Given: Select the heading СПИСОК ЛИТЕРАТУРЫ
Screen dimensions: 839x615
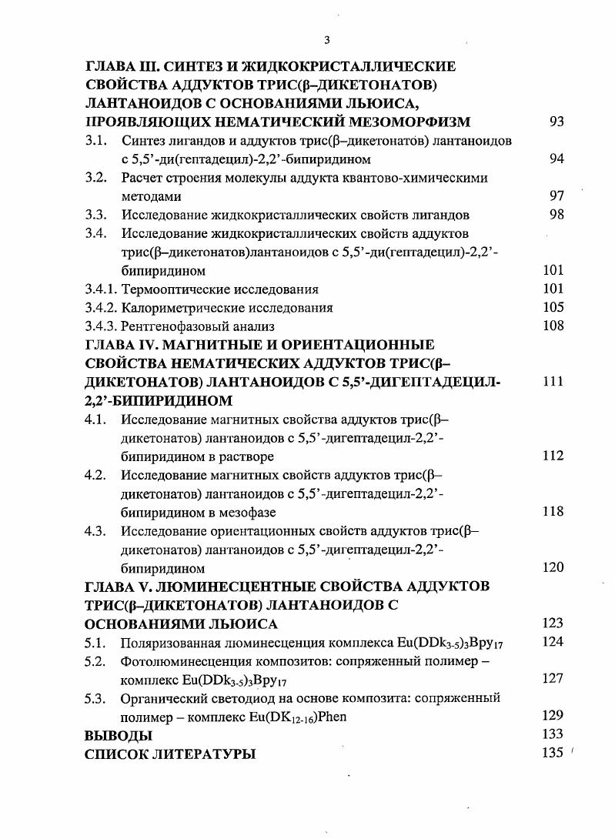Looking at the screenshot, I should (169, 754).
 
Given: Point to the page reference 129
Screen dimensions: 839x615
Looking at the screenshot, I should (553, 716).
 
